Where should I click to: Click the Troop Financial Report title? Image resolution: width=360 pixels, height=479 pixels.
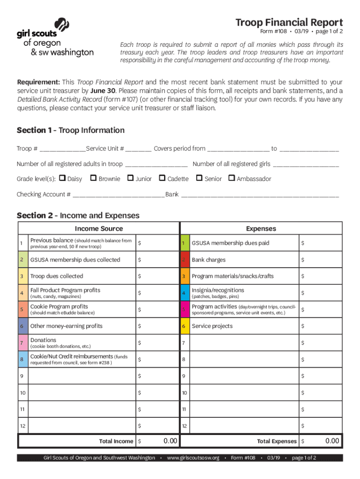tap(289, 22)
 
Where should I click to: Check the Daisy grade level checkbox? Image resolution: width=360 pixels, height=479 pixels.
tap(61, 178)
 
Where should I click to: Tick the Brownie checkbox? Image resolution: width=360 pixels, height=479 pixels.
tap(93, 178)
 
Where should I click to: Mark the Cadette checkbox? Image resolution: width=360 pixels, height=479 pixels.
tap(162, 178)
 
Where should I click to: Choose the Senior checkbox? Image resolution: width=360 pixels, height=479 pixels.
tap(199, 178)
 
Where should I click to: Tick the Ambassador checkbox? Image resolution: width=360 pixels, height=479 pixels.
tap(231, 178)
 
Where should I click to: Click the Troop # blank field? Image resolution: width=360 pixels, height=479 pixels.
tap(62, 149)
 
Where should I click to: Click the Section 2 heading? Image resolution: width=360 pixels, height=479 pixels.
tap(78, 216)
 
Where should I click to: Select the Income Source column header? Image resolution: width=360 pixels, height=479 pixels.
tap(99, 229)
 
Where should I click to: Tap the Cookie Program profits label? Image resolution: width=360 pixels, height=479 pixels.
tap(59, 306)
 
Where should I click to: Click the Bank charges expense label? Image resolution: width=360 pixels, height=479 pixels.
tap(209, 260)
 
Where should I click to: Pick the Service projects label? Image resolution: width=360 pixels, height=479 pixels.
tap(212, 326)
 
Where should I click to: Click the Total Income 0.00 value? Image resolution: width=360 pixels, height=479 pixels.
tap(170, 441)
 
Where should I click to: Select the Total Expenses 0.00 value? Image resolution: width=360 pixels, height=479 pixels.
tap(332, 441)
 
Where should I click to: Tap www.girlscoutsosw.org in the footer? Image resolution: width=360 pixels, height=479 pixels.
tap(193, 457)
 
